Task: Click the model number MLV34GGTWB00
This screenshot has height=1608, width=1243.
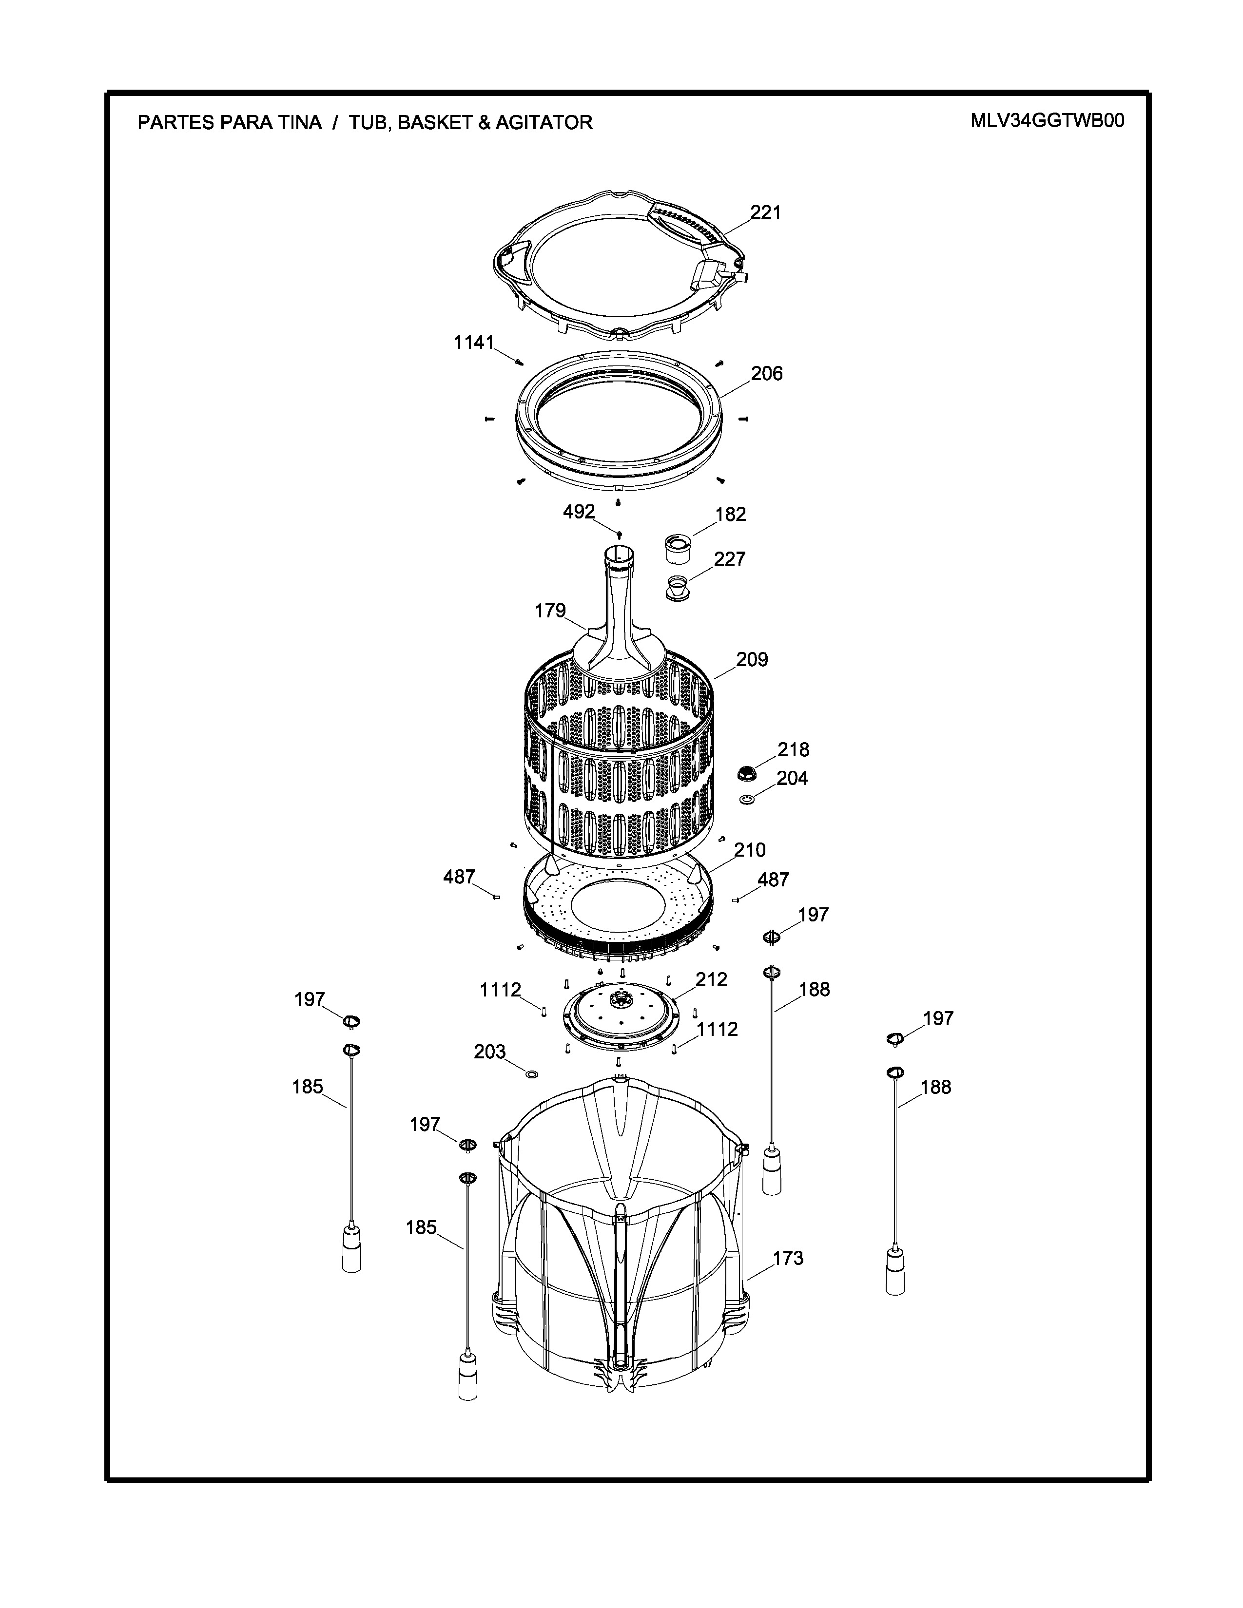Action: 1047,121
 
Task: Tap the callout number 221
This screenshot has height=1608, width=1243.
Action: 766,213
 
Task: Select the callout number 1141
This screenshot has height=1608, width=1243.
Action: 473,343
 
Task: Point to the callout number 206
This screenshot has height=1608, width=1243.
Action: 767,374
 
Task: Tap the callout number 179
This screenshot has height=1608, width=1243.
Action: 550,611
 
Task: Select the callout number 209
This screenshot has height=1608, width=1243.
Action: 752,660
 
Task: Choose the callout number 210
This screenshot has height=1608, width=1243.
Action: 750,850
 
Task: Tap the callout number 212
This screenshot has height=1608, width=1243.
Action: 711,980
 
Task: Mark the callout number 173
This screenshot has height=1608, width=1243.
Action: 788,1258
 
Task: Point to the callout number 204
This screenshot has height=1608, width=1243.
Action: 792,778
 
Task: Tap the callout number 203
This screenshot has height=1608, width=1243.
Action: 490,1052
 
